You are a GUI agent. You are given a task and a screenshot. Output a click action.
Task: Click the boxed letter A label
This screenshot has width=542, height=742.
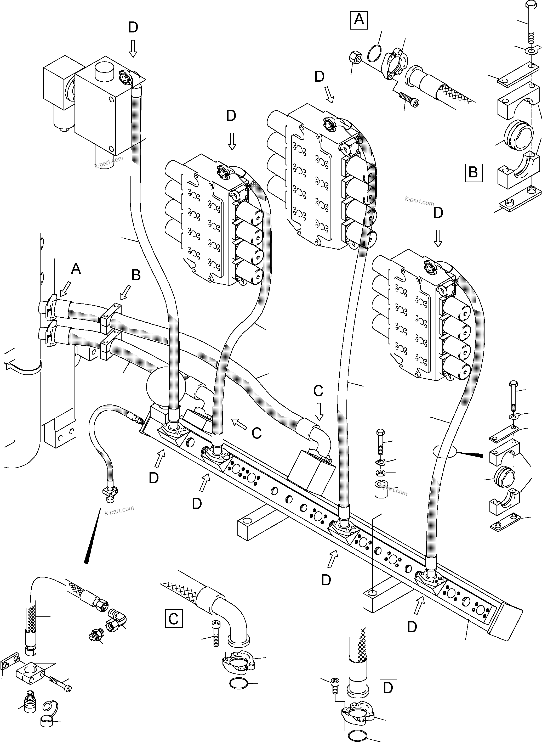tap(359, 20)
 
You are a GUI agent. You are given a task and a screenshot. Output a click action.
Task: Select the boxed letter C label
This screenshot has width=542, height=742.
tap(174, 619)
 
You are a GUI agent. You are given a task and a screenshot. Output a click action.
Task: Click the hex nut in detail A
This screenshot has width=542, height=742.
tap(355, 58)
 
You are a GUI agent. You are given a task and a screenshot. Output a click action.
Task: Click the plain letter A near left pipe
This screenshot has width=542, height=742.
tap(76, 269)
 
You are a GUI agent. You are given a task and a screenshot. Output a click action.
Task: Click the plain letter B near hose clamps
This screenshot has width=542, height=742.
tap(136, 275)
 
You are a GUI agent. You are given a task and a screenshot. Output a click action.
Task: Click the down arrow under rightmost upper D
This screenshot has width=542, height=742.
tap(438, 238)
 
